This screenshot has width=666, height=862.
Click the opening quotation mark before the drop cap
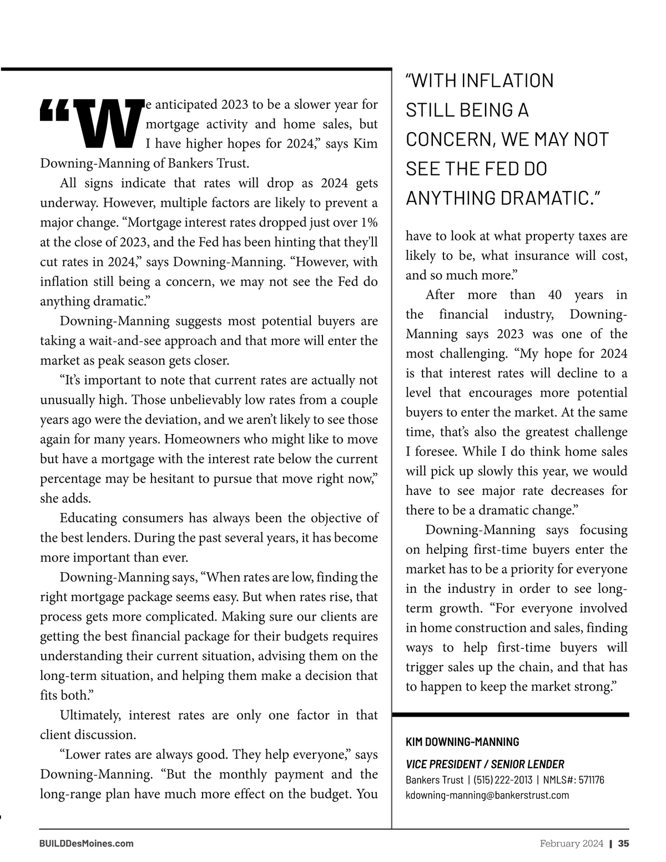tap(54, 110)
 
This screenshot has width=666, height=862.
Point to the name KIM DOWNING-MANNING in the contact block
tap(462, 742)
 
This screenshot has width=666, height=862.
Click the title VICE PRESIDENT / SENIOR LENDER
tap(485, 764)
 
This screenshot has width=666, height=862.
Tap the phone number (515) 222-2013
tap(503, 780)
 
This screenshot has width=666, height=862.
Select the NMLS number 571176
tap(591, 780)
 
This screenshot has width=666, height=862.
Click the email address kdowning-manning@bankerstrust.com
tap(487, 795)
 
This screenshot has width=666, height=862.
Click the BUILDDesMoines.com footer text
tap(87, 843)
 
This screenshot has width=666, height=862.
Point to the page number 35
tap(623, 843)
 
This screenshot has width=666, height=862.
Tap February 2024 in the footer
tap(572, 843)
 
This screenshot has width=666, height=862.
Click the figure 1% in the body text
tap(369, 223)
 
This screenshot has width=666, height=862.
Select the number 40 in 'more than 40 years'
tap(554, 295)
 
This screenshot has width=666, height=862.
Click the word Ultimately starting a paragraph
tap(90, 715)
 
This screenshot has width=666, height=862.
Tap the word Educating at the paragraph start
tap(87, 518)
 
